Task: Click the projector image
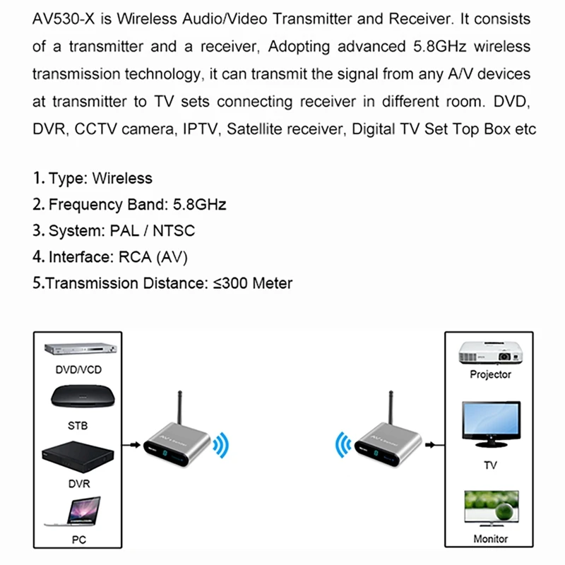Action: [x=490, y=350]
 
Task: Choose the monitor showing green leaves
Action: [x=490, y=507]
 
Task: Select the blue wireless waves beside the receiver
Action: [x=343, y=445]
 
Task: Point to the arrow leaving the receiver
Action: [x=433, y=446]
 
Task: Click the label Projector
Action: [x=490, y=374]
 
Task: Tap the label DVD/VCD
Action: [x=78, y=369]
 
